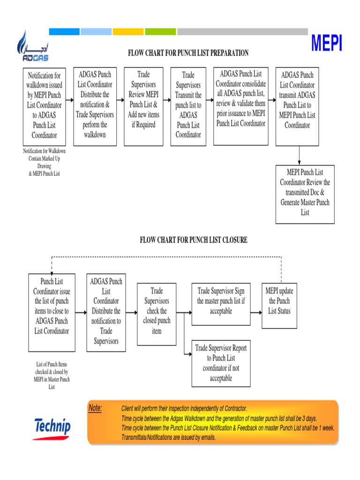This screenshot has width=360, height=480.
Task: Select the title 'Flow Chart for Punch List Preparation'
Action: (x=188, y=53)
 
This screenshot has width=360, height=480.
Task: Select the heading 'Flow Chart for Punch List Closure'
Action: (x=194, y=240)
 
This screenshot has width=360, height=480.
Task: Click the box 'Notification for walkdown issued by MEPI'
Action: (x=45, y=106)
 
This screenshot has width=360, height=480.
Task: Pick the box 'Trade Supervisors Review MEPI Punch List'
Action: (x=143, y=106)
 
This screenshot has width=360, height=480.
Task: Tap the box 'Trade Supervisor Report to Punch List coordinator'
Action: (x=221, y=363)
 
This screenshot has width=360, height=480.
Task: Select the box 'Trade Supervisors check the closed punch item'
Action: (x=157, y=313)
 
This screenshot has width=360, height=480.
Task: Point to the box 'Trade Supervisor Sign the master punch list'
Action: (x=221, y=304)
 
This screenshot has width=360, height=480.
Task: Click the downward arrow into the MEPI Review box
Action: (x=300, y=155)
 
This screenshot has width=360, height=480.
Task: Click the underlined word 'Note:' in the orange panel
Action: (x=95, y=408)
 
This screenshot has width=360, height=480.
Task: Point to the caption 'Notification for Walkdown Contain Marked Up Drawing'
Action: (x=45, y=162)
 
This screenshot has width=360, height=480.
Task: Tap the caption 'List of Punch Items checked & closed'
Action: (x=52, y=375)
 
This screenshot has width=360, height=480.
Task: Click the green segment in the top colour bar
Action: (x=160, y=31)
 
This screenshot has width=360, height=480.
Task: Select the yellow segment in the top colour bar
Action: (x=128, y=31)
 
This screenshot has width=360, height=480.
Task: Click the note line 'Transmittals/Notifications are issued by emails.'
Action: (x=169, y=437)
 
